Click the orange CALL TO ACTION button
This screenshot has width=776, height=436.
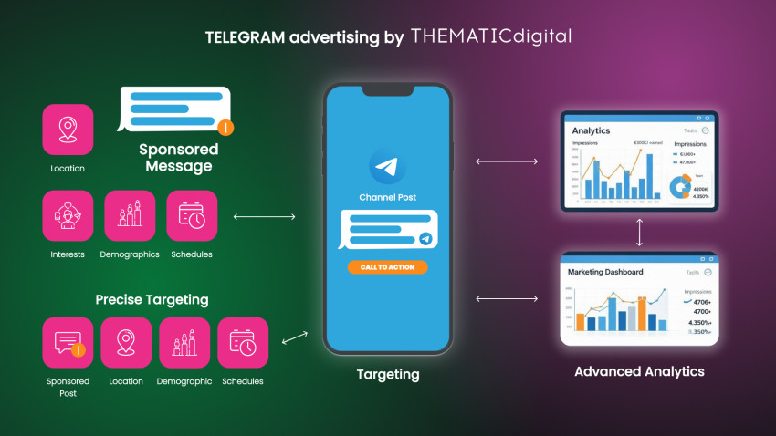pos(387,267)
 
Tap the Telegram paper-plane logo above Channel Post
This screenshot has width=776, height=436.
pos(387,167)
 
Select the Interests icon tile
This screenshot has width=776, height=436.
pos(68,215)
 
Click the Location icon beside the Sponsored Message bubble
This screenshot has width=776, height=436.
pos(68,130)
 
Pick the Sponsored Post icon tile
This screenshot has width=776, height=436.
pos(68,342)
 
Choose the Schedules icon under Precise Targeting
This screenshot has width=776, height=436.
pos(243,342)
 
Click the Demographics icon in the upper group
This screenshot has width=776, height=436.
pos(130,215)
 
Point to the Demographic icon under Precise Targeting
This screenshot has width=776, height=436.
pos(184,342)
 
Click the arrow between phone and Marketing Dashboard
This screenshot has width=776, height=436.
pos(506,298)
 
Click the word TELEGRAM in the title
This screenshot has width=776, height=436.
pos(239,38)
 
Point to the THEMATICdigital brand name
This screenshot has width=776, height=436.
pos(491,37)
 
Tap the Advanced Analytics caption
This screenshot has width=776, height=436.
pos(639,371)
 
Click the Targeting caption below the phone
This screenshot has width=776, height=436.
pos(388,374)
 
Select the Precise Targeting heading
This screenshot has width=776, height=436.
pos(152,299)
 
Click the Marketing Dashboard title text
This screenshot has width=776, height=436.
pos(605,272)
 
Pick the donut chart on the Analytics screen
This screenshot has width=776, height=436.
pos(680,186)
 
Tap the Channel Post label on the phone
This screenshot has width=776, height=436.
pos(388,197)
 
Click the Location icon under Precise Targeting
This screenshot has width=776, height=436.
pos(126,342)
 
